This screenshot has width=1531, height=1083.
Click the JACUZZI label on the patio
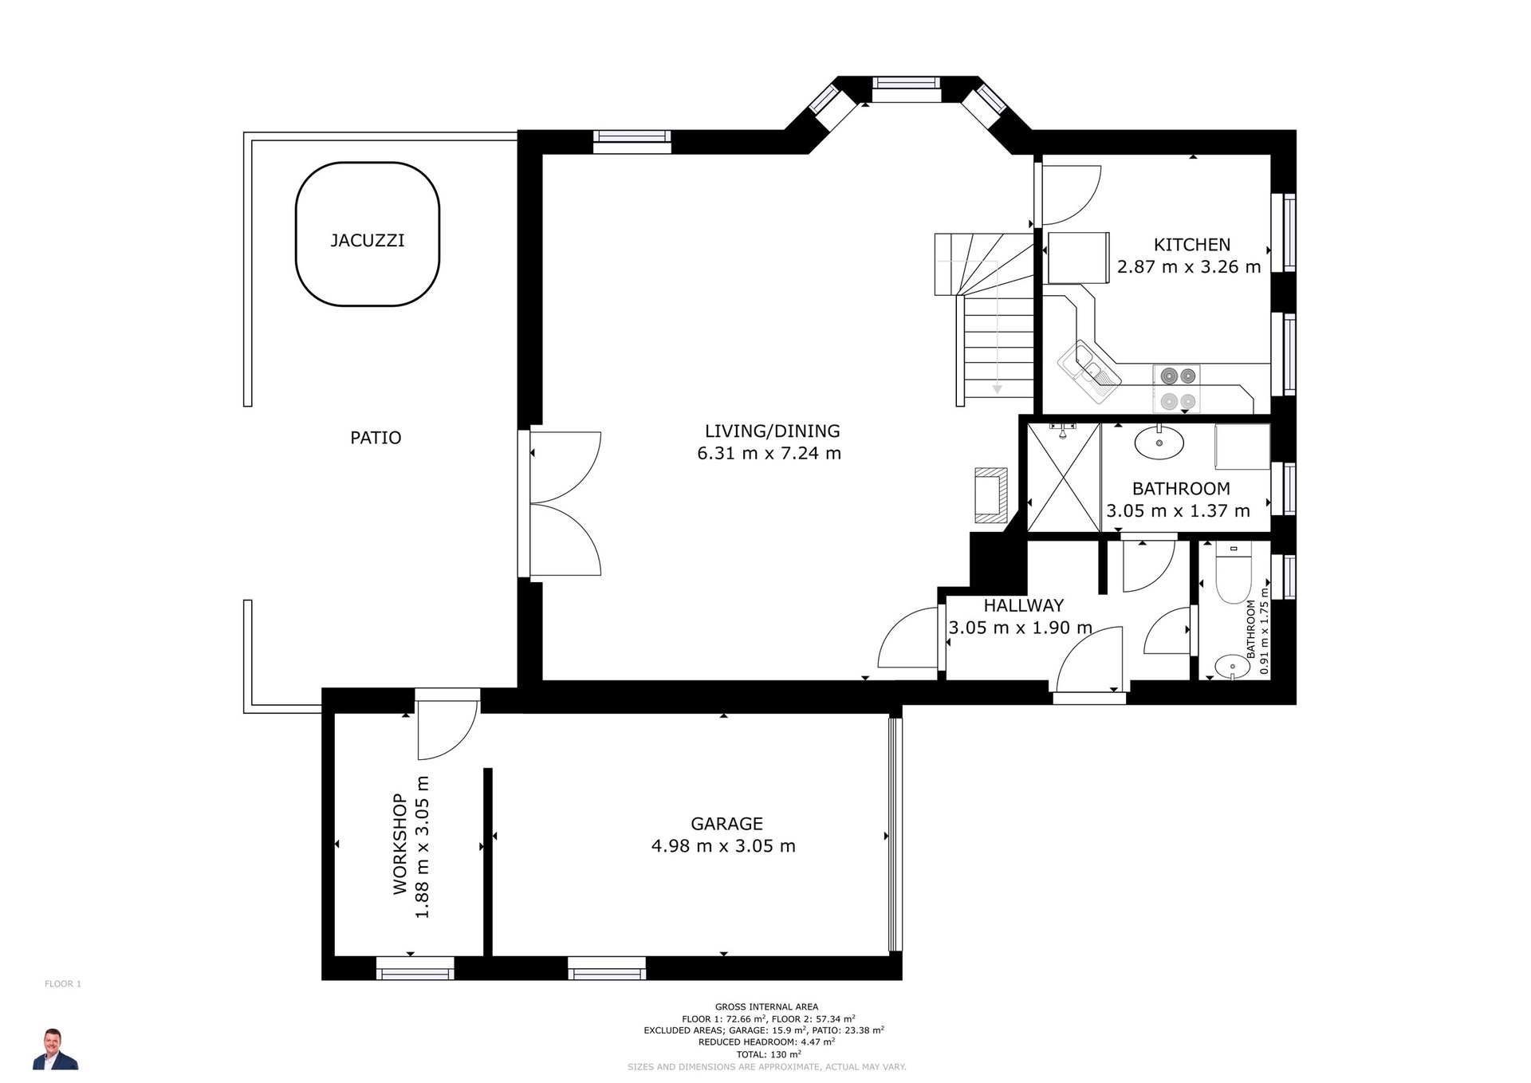tap(368, 240)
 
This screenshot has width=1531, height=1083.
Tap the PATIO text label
tap(376, 438)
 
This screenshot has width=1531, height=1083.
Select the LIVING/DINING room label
tap(772, 431)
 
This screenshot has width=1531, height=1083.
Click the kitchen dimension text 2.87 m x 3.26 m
tap(1189, 267)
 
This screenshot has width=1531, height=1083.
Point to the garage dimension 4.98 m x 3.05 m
tap(723, 846)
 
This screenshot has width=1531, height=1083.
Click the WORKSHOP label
tap(399, 844)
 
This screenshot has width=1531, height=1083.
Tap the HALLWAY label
tap(1023, 605)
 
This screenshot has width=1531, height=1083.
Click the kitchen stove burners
tap(1176, 388)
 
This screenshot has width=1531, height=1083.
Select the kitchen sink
tap(1088, 372)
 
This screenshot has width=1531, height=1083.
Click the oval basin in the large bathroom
tap(1159, 443)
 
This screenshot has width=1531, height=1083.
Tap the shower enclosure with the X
tap(1064, 478)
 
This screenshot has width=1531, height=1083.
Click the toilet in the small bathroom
tap(1233, 572)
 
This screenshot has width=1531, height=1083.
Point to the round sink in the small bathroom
tap(1232, 666)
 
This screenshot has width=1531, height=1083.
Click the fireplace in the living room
tap(990, 495)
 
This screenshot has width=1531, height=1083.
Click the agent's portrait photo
tap(55, 1049)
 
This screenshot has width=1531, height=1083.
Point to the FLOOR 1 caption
tap(63, 984)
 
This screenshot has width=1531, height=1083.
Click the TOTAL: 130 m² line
tap(767, 1054)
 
